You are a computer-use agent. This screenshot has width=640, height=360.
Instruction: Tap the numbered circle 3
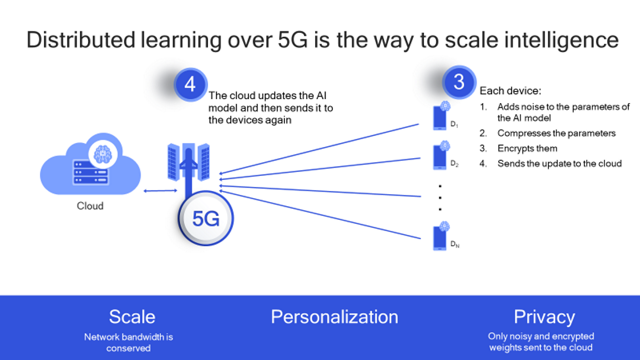[458, 83]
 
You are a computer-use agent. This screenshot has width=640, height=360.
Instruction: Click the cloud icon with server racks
[92, 165]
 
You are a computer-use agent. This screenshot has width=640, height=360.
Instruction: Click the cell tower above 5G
[189, 165]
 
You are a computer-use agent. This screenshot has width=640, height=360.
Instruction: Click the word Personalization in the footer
[334, 317]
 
